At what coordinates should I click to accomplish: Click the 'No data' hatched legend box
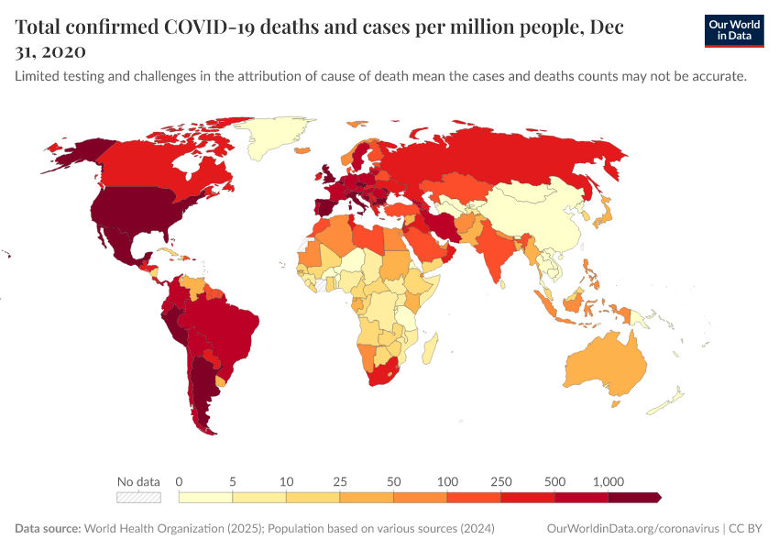pos(138,498)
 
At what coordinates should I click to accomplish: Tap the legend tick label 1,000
pos(609,481)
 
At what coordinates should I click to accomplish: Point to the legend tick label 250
pos(501,481)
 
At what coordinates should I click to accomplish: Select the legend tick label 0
pos(179,481)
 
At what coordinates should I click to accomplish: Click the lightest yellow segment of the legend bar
pos(205,498)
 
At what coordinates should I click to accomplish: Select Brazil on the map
pos(225,321)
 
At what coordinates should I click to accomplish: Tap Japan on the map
pos(603,215)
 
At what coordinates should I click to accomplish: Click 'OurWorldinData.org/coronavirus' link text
pos(631,529)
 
